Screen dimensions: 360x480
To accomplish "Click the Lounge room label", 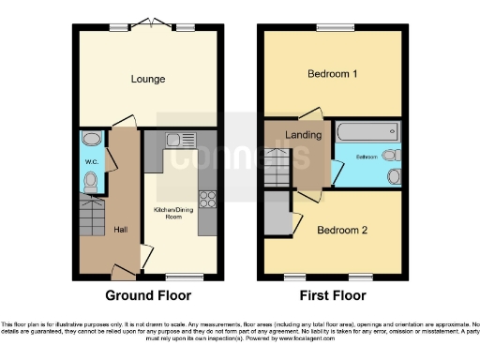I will [148, 79].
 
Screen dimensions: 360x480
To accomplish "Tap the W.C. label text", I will [92, 162].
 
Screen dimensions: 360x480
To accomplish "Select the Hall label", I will [121, 229].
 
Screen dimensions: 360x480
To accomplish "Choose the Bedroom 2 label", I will [341, 230].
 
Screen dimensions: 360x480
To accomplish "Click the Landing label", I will [305, 135].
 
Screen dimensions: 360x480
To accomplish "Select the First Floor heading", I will [332, 294].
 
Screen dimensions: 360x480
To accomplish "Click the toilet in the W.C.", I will [91, 183].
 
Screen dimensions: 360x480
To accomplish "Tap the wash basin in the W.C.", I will [90, 141].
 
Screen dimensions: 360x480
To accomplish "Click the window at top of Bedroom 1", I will [333, 27].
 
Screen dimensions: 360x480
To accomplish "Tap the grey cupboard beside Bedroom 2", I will [278, 212].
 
